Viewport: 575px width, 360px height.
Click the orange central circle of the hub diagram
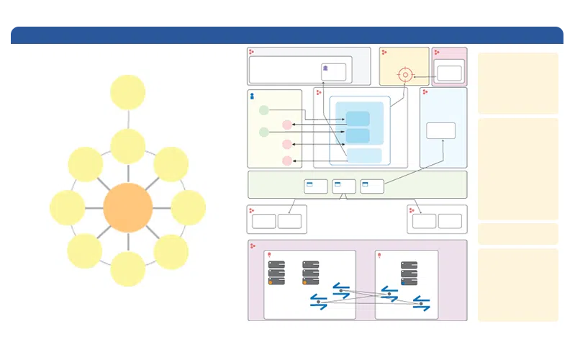point(128,207)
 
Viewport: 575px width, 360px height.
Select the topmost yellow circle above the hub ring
point(128,92)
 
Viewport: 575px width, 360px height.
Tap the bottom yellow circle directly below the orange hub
point(128,269)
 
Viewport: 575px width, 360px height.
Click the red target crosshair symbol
point(405,75)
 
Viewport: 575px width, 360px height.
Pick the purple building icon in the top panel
point(326,69)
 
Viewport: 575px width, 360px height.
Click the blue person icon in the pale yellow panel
point(252,96)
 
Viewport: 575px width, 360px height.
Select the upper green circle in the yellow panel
point(263,111)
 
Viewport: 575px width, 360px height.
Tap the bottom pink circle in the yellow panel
point(287,161)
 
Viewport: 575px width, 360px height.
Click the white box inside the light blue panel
point(440,130)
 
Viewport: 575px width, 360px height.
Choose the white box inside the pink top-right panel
point(449,73)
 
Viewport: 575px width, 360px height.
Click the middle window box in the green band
point(344,186)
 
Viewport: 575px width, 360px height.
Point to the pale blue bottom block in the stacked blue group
point(364,156)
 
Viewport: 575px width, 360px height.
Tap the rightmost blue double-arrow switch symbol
point(422,304)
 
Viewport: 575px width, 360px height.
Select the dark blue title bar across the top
point(287,34)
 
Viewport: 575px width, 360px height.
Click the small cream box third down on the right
point(517,233)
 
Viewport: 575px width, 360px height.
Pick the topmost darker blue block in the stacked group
point(358,119)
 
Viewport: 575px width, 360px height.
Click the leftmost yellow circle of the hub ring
point(68,207)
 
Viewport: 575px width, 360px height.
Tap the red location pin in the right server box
point(380,256)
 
